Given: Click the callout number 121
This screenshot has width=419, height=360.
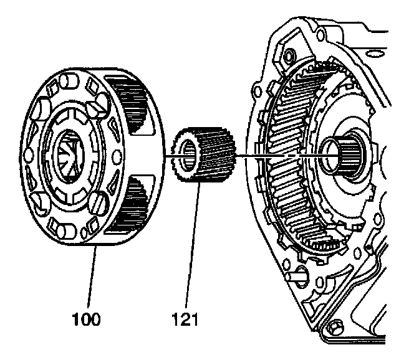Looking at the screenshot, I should (185, 320).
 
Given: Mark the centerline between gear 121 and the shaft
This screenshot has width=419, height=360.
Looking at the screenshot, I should (281, 155).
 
